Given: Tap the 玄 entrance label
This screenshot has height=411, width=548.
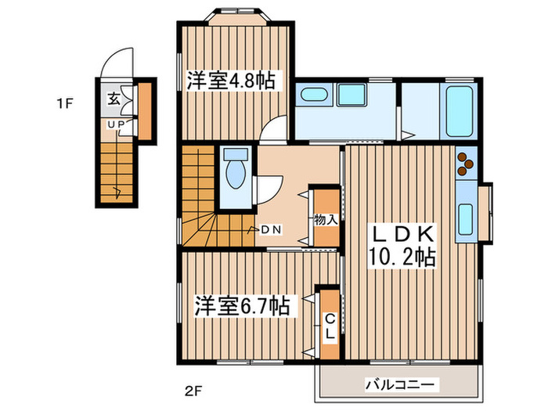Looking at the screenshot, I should (x=114, y=99).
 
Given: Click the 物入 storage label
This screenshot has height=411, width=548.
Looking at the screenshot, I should (x=325, y=218).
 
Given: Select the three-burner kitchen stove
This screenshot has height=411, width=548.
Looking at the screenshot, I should (x=465, y=162).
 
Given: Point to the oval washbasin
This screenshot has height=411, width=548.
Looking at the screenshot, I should (x=314, y=97).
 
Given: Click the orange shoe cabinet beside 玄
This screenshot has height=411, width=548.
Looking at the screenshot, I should (x=145, y=103).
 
